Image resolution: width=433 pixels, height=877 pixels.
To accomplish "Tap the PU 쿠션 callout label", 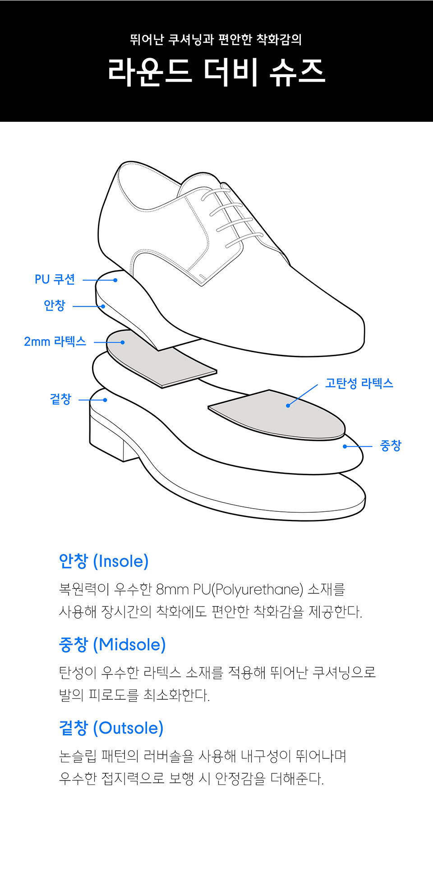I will point(55,280).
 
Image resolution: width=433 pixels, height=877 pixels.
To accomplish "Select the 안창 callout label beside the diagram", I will point(55,305).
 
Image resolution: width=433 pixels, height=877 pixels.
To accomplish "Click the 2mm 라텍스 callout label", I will point(55,341).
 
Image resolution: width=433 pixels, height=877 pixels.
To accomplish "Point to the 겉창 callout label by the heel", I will point(60,399).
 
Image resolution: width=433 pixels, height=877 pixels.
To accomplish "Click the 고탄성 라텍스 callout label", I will point(359,383).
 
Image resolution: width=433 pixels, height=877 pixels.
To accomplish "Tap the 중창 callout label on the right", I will point(391,446).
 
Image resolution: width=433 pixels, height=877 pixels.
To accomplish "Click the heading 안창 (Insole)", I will point(104,561).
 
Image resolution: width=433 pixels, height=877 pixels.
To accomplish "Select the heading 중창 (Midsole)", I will point(112,644).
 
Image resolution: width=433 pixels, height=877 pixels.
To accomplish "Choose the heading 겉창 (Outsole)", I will point(111,728).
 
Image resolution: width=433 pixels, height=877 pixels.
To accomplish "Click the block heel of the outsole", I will point(106,437).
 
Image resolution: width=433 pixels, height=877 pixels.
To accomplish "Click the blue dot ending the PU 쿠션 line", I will point(115,280).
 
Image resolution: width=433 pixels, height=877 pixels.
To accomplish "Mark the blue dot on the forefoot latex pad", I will point(288,406).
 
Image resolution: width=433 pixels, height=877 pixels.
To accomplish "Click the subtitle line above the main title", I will point(216,40).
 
